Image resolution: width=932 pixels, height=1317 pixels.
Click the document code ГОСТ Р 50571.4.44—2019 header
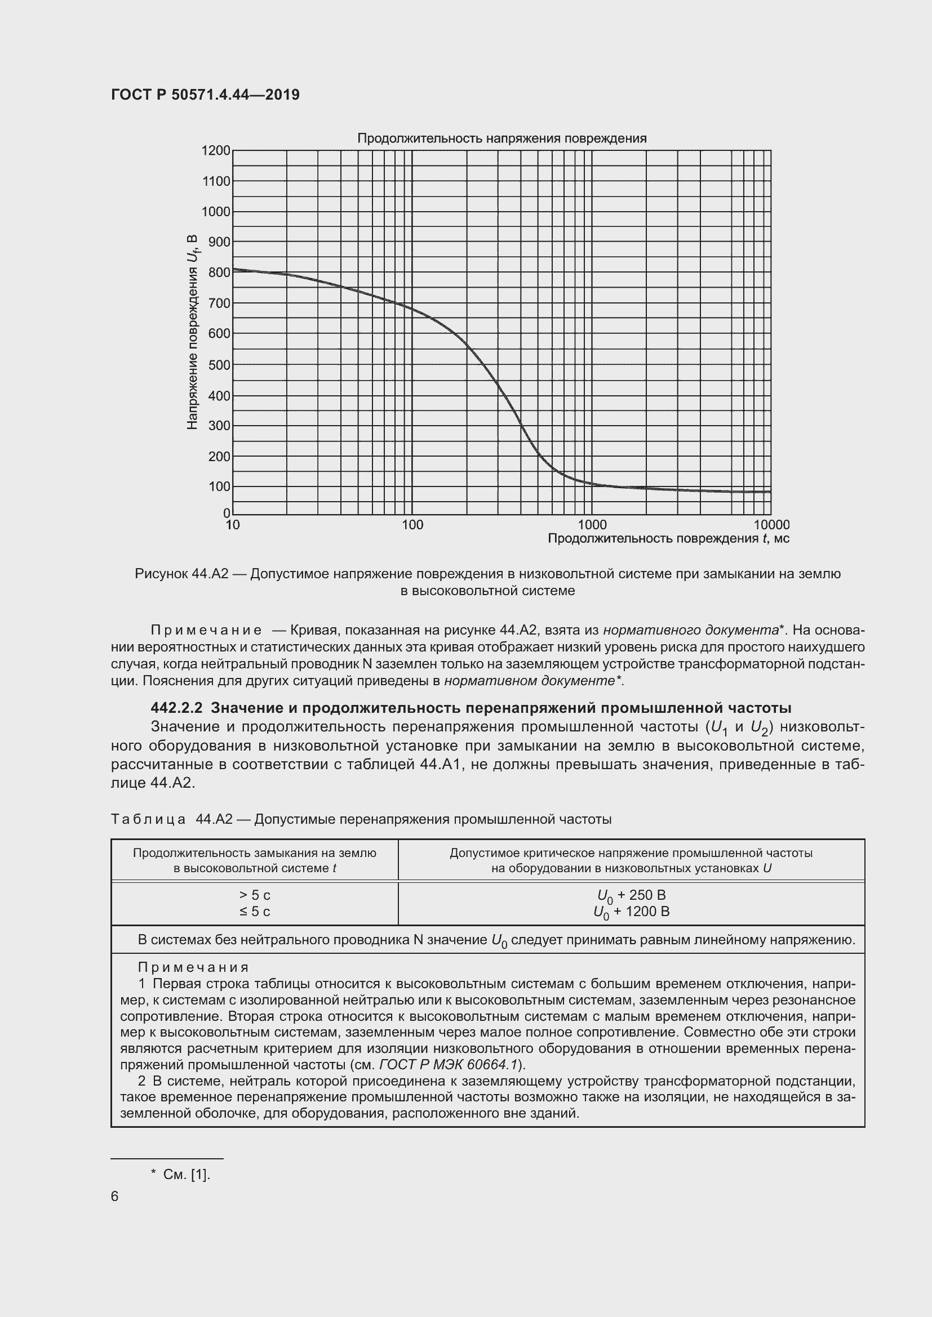(x=205, y=95)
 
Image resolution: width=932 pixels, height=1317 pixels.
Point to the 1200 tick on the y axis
(x=215, y=151)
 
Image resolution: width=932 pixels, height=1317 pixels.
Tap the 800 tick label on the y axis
(x=219, y=273)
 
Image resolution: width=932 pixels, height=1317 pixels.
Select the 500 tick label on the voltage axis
(x=219, y=365)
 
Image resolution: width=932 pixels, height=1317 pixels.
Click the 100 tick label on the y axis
(x=219, y=487)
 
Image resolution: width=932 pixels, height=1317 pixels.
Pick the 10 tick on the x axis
(x=232, y=525)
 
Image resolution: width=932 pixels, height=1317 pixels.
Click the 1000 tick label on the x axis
(x=592, y=525)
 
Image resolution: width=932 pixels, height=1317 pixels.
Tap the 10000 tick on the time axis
(x=771, y=525)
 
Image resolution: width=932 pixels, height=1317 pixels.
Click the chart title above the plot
(x=501, y=139)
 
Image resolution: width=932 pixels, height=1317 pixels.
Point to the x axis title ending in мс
(x=668, y=539)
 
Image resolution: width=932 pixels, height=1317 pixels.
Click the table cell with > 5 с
(x=255, y=895)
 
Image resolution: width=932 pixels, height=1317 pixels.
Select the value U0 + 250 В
(x=631, y=895)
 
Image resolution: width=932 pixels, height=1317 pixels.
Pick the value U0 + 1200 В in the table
(x=631, y=912)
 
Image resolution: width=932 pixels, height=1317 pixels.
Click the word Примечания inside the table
(x=193, y=968)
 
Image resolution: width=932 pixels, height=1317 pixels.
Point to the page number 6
(x=115, y=1196)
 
